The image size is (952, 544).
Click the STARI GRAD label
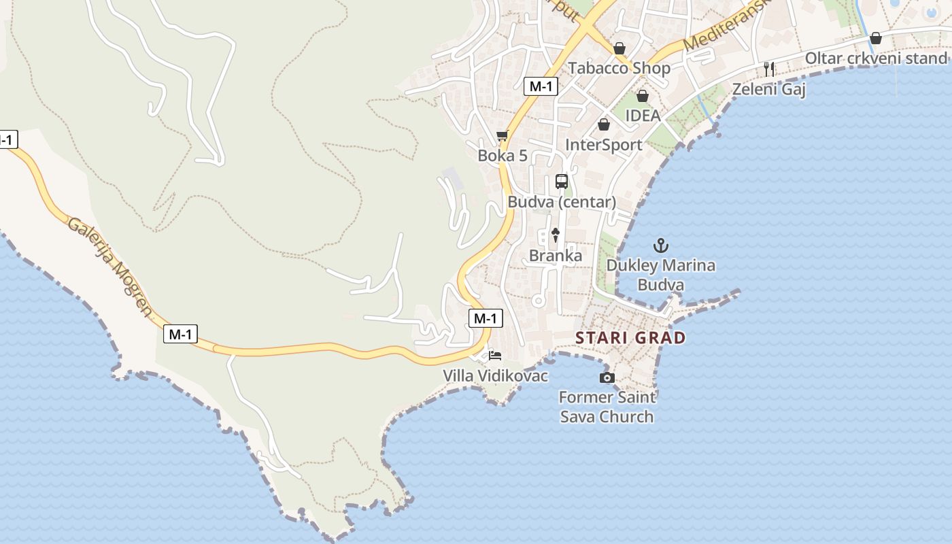630,338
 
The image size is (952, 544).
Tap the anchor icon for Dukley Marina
660,245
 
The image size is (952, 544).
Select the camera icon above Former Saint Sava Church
607,377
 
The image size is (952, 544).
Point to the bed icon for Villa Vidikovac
495,356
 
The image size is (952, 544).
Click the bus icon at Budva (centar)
562,182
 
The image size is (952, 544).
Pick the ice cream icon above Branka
556,235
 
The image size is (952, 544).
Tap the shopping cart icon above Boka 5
503,135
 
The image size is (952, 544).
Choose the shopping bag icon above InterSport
603,124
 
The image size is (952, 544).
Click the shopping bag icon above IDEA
642,96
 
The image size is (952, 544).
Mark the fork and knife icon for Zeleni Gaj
769,69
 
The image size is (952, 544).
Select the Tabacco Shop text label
619,68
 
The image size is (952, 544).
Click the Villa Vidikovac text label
495,375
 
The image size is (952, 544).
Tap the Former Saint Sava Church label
607,407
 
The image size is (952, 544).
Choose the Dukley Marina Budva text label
660,275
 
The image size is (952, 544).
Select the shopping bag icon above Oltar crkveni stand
876,38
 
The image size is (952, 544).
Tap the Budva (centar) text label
562,202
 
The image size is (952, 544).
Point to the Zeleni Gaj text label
769,89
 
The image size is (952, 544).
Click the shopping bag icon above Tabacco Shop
619,48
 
